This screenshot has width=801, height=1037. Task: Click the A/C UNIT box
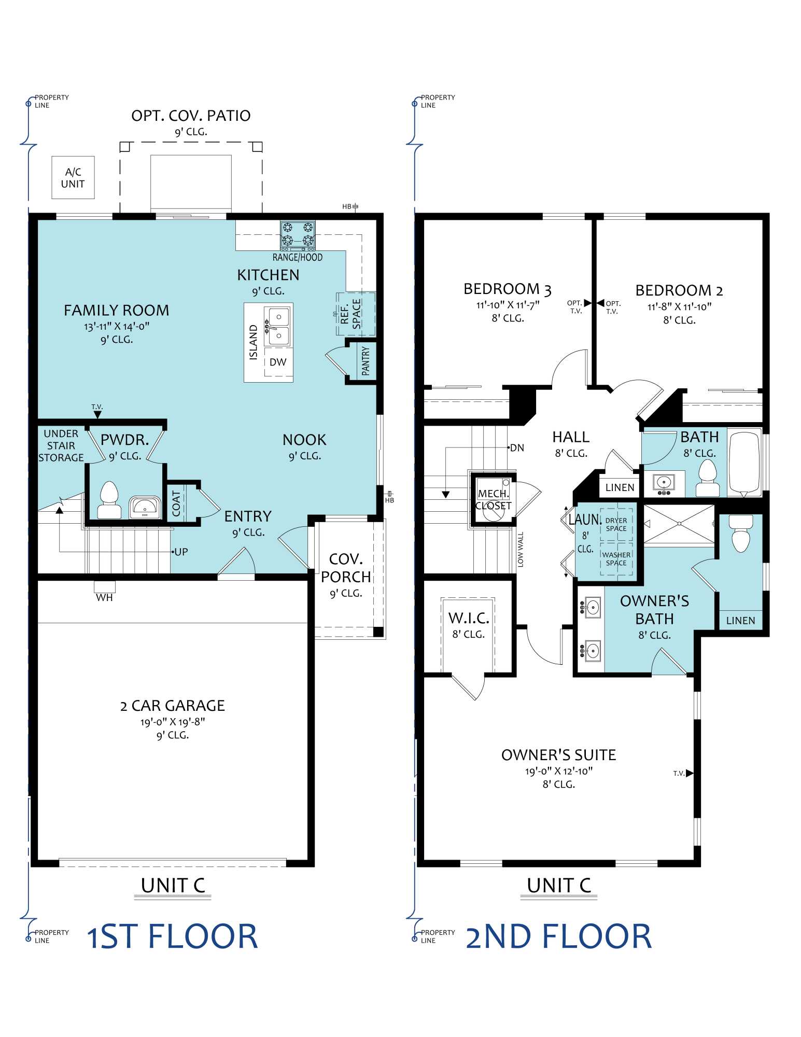coord(73,177)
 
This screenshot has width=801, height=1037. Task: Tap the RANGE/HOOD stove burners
coord(298,234)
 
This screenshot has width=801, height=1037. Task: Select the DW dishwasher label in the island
coord(278,362)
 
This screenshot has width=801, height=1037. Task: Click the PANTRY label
coord(366,361)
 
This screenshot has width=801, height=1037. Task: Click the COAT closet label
coord(176,503)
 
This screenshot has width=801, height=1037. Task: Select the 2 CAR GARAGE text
coord(172,706)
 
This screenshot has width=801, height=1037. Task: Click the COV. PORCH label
coord(346,568)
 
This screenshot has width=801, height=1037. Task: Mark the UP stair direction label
coord(180,552)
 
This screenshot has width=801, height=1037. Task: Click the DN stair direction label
coord(516,447)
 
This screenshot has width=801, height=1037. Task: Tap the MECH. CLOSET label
coord(493,499)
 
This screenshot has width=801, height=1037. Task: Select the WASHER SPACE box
coord(616,559)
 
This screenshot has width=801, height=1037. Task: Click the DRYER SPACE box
coord(616,524)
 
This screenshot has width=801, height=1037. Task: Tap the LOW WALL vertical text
coord(521,549)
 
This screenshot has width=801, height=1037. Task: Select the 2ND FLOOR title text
coord(558,936)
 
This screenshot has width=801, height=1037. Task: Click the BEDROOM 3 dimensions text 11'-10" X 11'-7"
coord(508,305)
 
